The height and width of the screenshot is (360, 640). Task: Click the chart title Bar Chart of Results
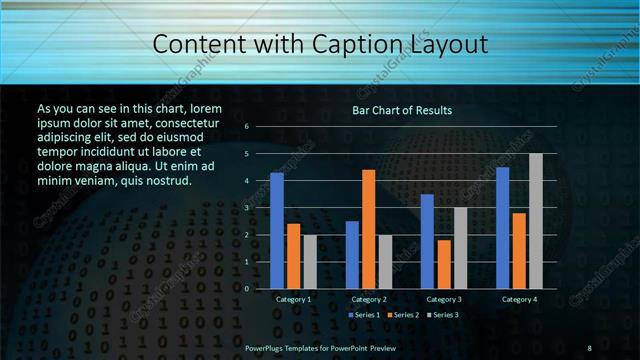[x=402, y=110]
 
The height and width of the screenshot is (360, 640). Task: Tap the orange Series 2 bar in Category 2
[x=368, y=229]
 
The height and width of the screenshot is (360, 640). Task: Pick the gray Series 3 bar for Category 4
[x=536, y=221]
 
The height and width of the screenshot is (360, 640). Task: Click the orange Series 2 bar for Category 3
[x=444, y=264]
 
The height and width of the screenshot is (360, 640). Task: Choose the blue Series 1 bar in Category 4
[x=502, y=227]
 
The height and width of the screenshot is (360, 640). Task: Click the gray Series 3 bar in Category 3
[x=460, y=248]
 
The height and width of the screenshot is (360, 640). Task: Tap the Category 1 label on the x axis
[x=293, y=299]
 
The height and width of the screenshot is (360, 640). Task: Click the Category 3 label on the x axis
[x=444, y=299]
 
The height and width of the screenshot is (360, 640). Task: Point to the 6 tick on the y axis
[x=245, y=127]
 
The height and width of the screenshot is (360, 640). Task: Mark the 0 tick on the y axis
[x=245, y=289]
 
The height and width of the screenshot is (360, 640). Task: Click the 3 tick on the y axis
[x=245, y=208]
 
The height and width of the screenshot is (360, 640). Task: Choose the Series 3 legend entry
[x=443, y=315]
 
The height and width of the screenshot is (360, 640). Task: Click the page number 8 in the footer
[x=590, y=347]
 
